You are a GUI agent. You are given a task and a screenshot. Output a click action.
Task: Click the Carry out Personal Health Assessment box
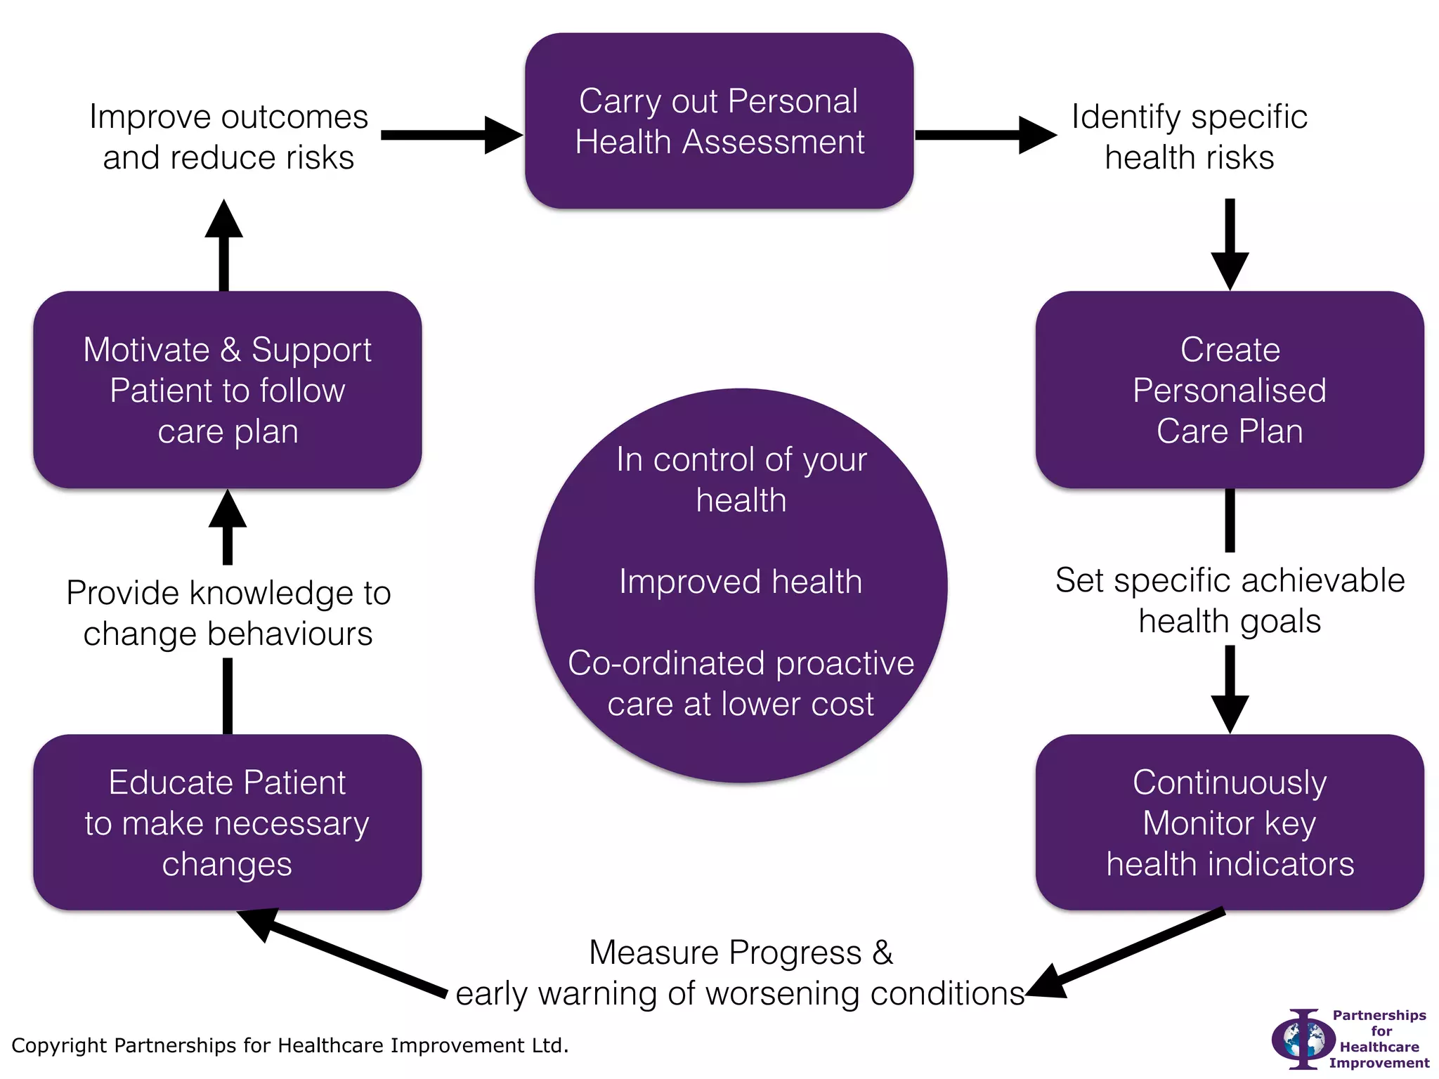(719, 121)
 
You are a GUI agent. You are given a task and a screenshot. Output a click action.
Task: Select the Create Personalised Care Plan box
(1229, 390)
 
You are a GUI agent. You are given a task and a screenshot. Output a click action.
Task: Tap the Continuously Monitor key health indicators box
(1229, 823)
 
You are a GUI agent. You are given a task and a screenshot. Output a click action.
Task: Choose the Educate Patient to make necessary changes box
(227, 823)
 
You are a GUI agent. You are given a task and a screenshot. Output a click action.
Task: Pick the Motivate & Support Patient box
(227, 390)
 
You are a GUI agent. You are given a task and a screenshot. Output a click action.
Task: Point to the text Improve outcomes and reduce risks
(228, 137)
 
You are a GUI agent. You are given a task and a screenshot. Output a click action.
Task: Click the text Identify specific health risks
(1189, 137)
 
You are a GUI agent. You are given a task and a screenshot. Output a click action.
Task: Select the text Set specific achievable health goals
(1229, 601)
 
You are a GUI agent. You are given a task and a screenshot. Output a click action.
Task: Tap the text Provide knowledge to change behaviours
(228, 613)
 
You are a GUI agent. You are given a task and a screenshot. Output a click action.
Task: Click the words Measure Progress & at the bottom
(741, 953)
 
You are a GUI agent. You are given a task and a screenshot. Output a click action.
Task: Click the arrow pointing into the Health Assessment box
(451, 135)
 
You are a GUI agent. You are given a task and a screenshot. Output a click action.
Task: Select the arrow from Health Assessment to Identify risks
(985, 135)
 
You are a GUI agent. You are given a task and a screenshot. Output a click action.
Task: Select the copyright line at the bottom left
(289, 1045)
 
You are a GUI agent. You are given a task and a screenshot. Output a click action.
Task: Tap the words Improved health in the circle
(741, 582)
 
